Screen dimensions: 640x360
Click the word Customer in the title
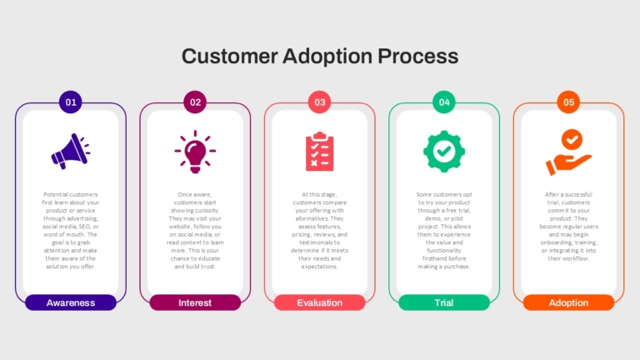(230, 57)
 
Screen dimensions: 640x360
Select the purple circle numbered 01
(71, 102)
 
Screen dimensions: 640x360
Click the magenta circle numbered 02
(195, 102)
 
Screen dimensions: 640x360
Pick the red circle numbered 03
(320, 102)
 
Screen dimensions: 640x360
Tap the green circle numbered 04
(444, 102)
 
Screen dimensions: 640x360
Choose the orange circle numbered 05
(568, 102)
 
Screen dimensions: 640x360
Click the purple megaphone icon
(71, 152)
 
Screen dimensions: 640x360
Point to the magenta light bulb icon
(195, 152)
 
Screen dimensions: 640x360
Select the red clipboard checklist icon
(320, 152)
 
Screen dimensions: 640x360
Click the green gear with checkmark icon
(444, 152)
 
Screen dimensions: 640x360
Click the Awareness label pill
(71, 302)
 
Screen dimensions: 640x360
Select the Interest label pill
(195, 302)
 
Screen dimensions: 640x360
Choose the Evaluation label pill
(320, 302)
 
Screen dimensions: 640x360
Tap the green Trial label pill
(444, 302)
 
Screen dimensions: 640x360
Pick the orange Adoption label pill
(568, 302)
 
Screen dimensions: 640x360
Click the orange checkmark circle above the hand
(572, 140)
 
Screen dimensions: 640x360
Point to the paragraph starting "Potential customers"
(71, 231)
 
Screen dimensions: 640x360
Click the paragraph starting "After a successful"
(568, 227)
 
